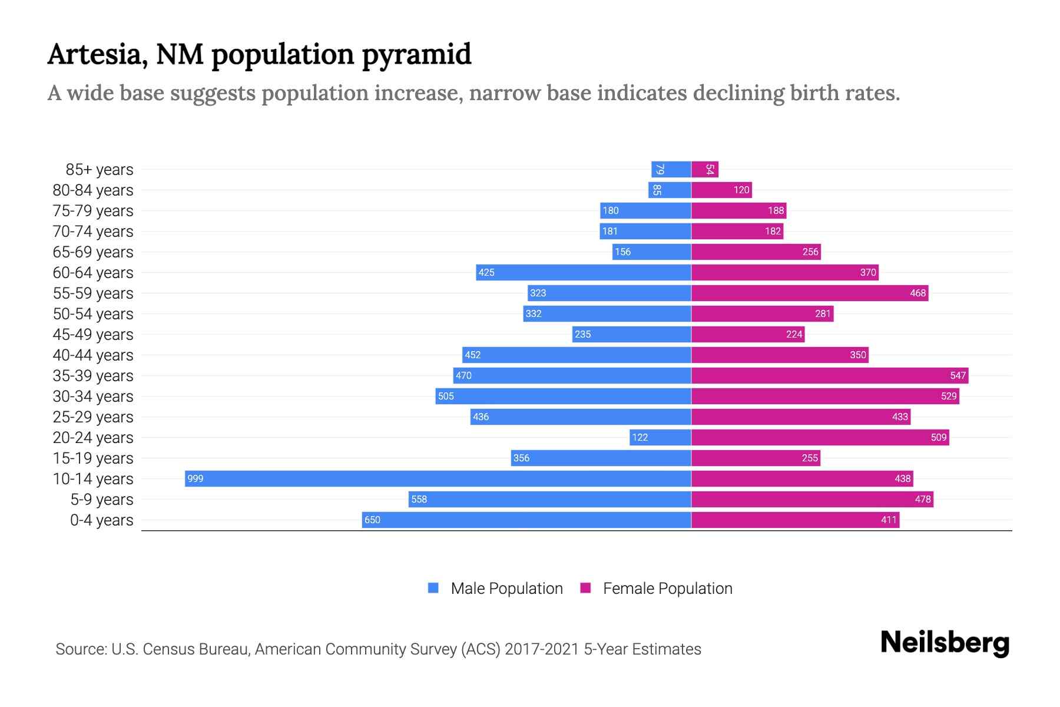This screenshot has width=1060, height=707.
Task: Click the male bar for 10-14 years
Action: pyautogui.click(x=438, y=478)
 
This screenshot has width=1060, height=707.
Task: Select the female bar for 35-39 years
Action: pyautogui.click(x=829, y=375)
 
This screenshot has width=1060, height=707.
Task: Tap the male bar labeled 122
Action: pyautogui.click(x=660, y=437)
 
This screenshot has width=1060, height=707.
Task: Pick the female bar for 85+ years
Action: pyautogui.click(x=704, y=169)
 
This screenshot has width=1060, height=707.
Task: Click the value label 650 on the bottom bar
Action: pyautogui.click(x=372, y=520)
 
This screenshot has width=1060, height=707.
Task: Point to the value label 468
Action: pyautogui.click(x=917, y=293)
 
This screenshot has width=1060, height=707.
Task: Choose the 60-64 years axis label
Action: pyautogui.click(x=93, y=273)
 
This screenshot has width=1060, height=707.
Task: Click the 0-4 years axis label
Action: pyautogui.click(x=101, y=520)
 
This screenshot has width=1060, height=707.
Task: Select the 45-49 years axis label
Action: pyautogui.click(x=93, y=335)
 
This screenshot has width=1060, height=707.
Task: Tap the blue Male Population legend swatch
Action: pyautogui.click(x=433, y=588)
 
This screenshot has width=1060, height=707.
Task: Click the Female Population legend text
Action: pyautogui.click(x=667, y=589)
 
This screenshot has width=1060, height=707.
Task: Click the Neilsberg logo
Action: pyautogui.click(x=945, y=643)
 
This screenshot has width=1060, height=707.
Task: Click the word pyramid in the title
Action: pyautogui.click(x=416, y=55)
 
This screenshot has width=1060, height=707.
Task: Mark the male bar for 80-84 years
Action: pyautogui.click(x=670, y=190)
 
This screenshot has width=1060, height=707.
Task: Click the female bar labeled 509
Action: pyautogui.click(x=820, y=437)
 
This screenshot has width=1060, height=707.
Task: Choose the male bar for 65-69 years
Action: pyautogui.click(x=651, y=252)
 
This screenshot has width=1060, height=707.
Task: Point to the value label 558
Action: pyautogui.click(x=419, y=499)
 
